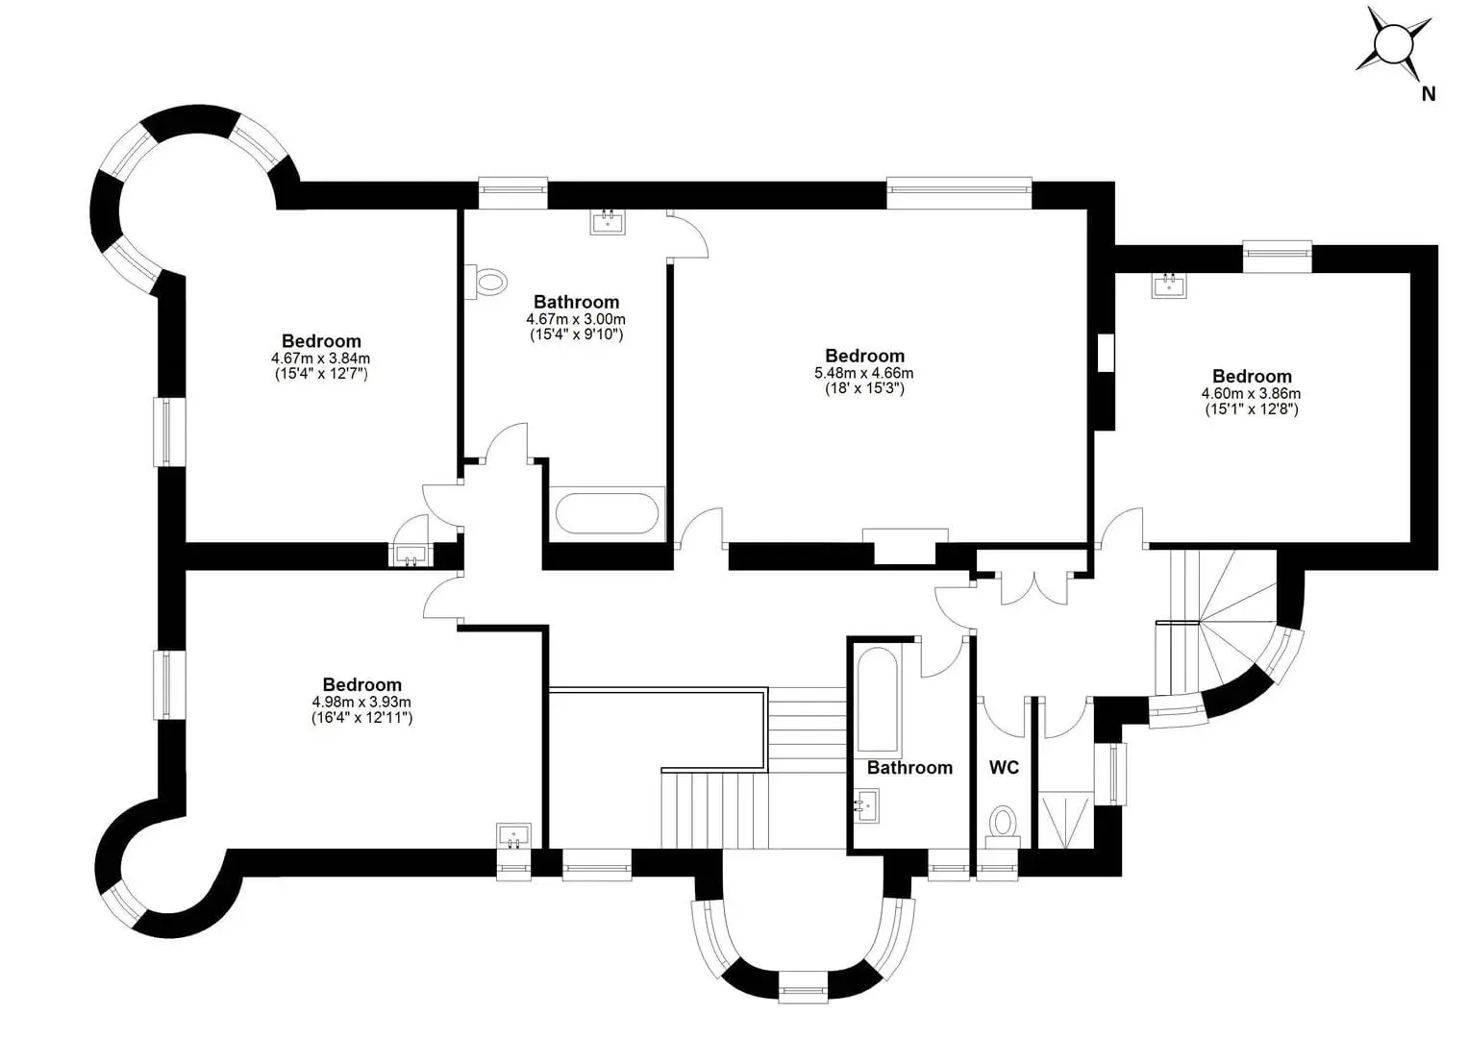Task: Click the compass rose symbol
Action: click(x=1394, y=46)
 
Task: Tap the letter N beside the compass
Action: click(x=1429, y=94)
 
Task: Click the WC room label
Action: click(x=1004, y=767)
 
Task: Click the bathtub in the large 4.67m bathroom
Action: click(x=607, y=513)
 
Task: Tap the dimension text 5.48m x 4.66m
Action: click(x=863, y=373)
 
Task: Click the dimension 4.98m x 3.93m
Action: click(x=361, y=702)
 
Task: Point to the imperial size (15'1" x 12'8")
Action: click(x=1252, y=409)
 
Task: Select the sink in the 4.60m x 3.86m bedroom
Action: click(x=1169, y=284)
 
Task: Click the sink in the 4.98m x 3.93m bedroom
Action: click(x=513, y=836)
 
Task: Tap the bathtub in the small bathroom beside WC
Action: click(x=877, y=699)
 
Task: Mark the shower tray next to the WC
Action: click(x=1066, y=821)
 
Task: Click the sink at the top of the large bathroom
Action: click(x=608, y=221)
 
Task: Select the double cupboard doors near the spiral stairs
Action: click(x=1033, y=588)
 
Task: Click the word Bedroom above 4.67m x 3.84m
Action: click(x=321, y=341)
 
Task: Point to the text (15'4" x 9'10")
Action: click(x=576, y=334)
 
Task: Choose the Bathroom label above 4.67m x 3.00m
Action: click(x=576, y=302)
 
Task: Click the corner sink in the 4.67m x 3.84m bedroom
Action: click(x=411, y=556)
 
